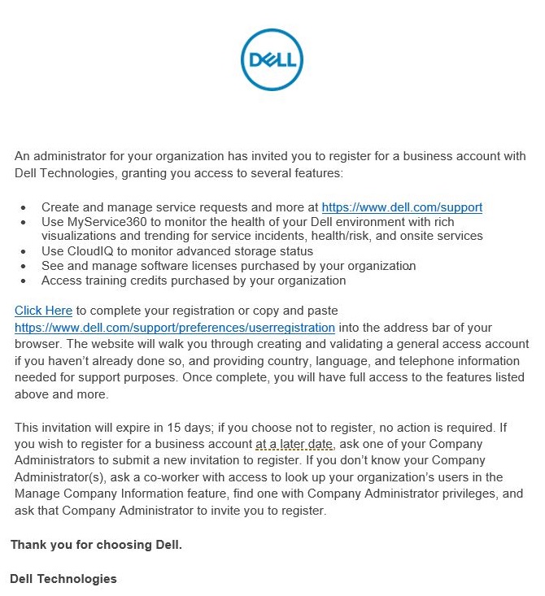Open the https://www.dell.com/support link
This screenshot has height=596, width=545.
(x=402, y=207)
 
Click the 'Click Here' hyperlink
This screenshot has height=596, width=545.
(x=44, y=311)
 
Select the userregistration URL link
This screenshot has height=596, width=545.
(x=175, y=328)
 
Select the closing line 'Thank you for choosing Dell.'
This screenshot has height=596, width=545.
(x=96, y=545)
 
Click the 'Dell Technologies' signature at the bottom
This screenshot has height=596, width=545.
(x=63, y=579)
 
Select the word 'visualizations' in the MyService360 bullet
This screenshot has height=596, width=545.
(x=80, y=237)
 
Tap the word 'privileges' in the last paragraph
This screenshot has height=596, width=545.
(x=455, y=494)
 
